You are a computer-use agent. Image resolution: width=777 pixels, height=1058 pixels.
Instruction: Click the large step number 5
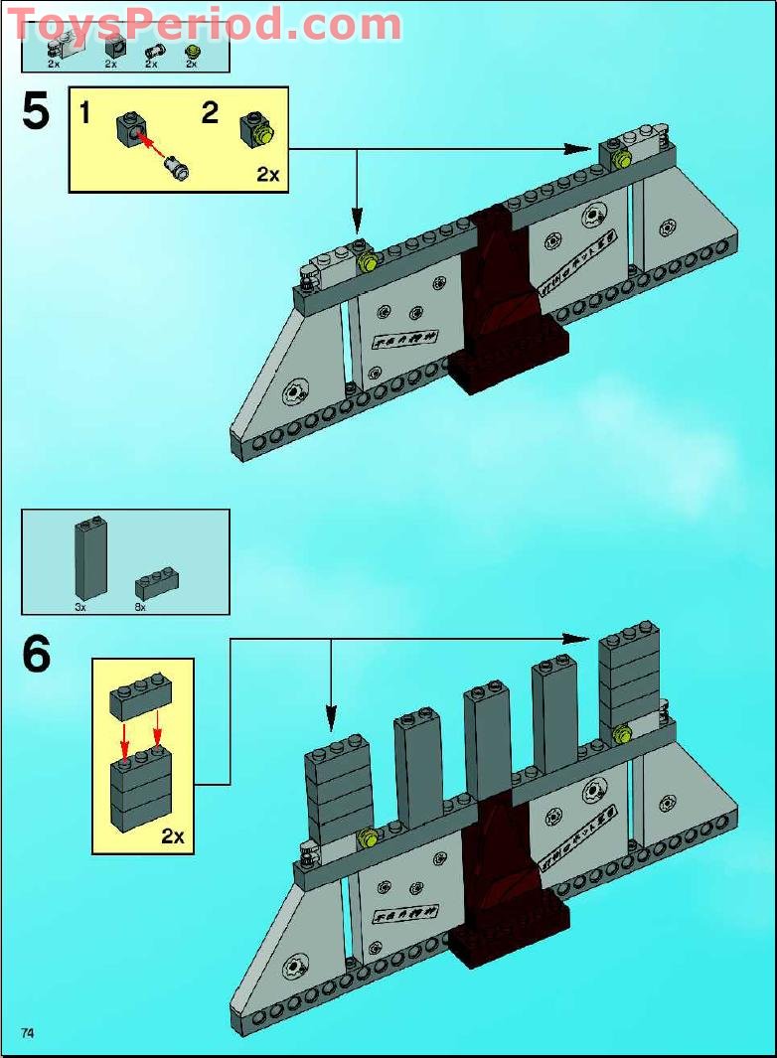click(x=35, y=111)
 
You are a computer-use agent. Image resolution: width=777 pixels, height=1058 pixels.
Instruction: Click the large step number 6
click(x=36, y=655)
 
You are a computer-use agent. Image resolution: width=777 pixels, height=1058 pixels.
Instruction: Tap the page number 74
click(x=27, y=1033)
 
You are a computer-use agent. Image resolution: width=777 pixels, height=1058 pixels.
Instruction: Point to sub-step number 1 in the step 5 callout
click(x=85, y=113)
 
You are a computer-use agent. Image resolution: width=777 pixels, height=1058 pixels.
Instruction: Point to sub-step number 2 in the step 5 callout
click(x=210, y=112)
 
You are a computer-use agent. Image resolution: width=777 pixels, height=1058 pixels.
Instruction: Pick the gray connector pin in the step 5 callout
click(x=179, y=168)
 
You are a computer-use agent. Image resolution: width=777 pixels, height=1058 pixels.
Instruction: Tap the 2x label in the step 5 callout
click(x=267, y=175)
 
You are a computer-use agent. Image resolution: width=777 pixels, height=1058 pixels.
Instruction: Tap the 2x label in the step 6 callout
click(x=173, y=835)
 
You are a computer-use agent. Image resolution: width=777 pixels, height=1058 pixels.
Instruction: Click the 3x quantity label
click(x=80, y=606)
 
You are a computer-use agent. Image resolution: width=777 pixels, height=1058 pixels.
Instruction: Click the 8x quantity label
click(x=140, y=606)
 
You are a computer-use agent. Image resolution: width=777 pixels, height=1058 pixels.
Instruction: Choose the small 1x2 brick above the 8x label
click(x=157, y=582)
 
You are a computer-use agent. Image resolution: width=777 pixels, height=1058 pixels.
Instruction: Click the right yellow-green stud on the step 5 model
click(x=623, y=160)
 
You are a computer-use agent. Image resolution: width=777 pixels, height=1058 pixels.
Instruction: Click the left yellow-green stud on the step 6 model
click(x=367, y=837)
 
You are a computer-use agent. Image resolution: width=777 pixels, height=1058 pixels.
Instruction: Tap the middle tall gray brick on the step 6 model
click(x=487, y=740)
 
